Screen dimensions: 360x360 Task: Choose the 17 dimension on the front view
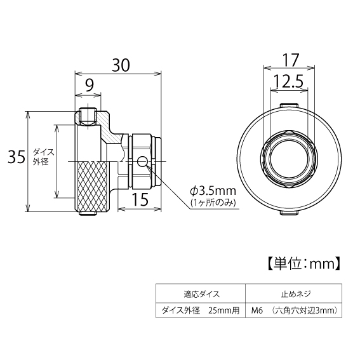point(290,61)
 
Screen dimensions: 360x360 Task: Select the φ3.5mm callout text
point(213,190)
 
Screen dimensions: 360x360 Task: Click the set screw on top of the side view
point(88,117)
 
